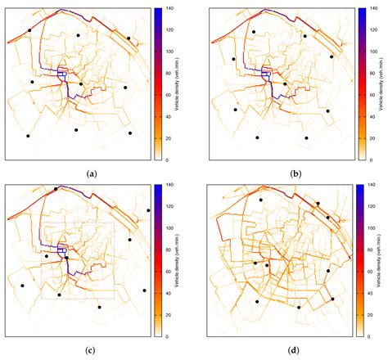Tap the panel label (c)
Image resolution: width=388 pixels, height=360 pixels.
91,349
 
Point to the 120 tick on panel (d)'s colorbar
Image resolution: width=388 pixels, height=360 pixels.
372,206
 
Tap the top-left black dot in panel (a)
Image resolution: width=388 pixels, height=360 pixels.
29,30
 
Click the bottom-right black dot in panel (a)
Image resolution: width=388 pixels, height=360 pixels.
130,133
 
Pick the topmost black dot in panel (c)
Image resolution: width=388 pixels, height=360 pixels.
56,189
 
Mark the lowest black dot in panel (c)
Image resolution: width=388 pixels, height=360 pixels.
99,308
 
